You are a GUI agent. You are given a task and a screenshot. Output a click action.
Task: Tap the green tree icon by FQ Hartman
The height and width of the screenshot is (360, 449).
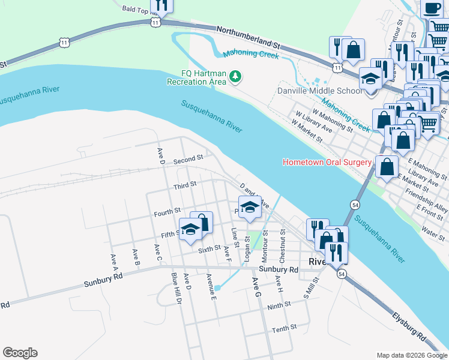pos(237,76)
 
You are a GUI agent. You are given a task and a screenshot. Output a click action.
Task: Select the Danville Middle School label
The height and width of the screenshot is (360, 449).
pos(319,91)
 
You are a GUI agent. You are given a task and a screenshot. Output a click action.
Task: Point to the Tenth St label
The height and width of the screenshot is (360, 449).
pos(284,328)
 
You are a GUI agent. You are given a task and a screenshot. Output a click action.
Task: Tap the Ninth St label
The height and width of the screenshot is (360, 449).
pos(279,305)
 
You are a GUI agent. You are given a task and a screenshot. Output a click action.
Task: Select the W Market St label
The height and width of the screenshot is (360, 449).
pos(307,130)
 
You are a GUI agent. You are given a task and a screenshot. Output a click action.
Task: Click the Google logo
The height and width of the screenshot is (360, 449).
pos(20,353)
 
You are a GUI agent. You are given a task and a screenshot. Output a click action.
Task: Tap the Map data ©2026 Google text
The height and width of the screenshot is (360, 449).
pos(411,355)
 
